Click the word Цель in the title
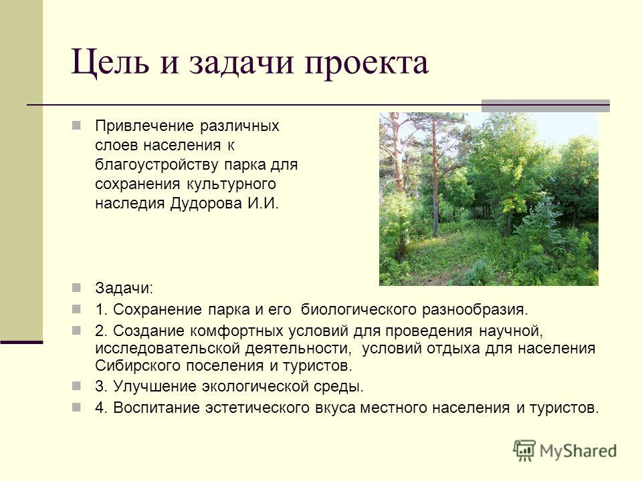(110, 63)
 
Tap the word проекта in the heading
(367, 64)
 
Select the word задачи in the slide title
(241, 64)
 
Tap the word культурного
(231, 184)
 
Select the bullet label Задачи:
(124, 289)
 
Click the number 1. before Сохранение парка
(101, 309)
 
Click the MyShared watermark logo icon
(524, 451)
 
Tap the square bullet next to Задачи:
(76, 288)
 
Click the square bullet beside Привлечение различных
(76, 125)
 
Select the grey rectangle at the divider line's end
(546, 106)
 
